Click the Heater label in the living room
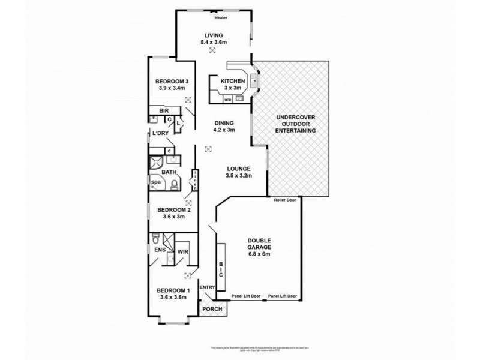[213, 17]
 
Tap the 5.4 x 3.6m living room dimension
[213, 43]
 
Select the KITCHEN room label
[232, 82]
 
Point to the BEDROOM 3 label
[172, 82]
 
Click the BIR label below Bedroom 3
[163, 111]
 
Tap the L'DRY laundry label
[160, 133]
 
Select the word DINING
[225, 124]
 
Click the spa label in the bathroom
[155, 182]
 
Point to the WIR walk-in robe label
[183, 252]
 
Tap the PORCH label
[211, 310]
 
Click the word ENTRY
[207, 287]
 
